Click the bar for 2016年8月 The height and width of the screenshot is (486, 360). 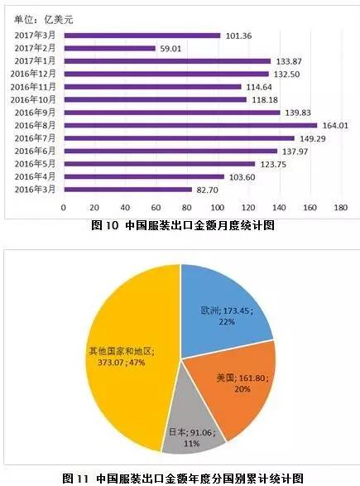[x=190, y=125]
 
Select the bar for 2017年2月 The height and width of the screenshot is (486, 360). [x=109, y=48]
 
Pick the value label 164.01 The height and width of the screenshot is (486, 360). [x=335, y=125]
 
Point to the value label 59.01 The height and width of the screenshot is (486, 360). [x=174, y=48]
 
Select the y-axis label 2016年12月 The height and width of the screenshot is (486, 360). [x=37, y=74]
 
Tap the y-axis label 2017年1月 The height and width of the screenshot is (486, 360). [x=40, y=61]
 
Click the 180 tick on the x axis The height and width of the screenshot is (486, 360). [x=339, y=208]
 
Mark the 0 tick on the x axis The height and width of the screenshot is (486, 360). [x=64, y=208]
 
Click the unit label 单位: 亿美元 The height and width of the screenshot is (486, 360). [x=42, y=17]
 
